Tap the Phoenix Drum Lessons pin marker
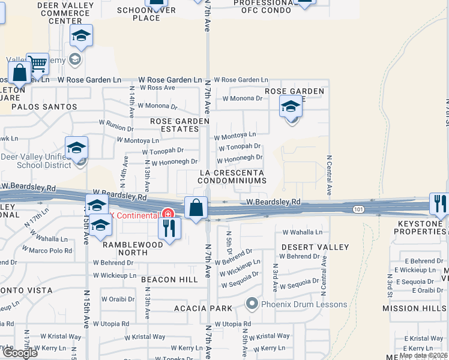click(x=252, y=304)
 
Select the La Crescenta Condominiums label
click(x=232, y=176)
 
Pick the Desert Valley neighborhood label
click(x=315, y=247)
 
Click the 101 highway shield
click(x=359, y=209)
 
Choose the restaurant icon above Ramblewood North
click(x=169, y=227)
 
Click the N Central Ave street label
click(x=330, y=175)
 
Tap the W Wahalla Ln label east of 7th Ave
click(x=302, y=232)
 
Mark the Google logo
click(x=20, y=352)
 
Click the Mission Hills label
click(x=415, y=308)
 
